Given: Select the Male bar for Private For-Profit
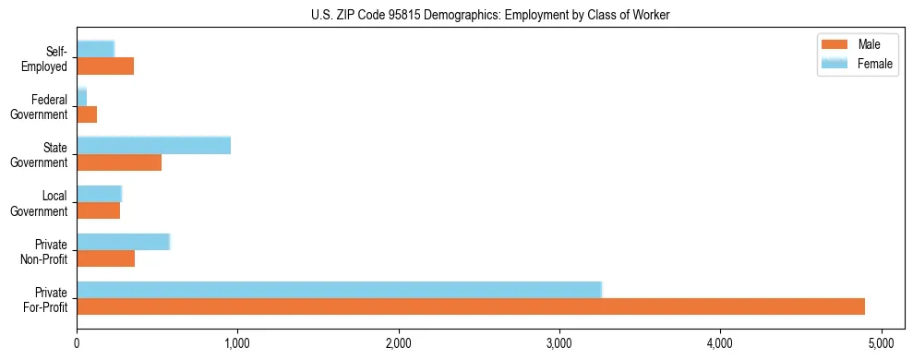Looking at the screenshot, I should coord(471,306).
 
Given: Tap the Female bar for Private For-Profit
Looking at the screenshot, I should coord(339,290).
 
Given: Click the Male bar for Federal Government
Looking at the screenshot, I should coord(87,114).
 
